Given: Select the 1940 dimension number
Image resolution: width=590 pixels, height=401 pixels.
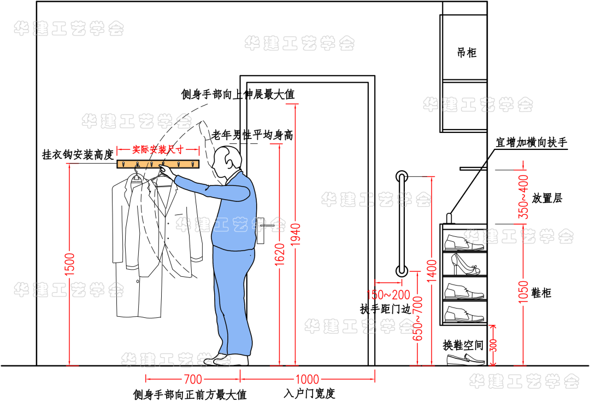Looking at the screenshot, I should [x=295, y=235].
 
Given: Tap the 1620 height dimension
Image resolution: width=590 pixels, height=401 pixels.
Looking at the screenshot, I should [x=279, y=255].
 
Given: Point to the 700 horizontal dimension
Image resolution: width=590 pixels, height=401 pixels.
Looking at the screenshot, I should [x=193, y=379].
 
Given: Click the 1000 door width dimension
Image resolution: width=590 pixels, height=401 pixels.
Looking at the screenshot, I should [x=307, y=379].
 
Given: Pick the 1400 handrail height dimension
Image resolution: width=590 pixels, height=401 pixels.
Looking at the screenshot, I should [x=432, y=269].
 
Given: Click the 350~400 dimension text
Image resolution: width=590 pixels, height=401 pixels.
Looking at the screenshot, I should [x=523, y=197].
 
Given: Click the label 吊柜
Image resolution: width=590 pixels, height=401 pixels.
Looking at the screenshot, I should [x=467, y=53].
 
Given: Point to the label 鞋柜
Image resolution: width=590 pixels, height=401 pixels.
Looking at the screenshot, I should [x=541, y=293].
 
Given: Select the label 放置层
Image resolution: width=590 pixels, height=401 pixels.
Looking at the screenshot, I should [x=547, y=198].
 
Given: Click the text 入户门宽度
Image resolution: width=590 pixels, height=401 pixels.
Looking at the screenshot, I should [x=309, y=393].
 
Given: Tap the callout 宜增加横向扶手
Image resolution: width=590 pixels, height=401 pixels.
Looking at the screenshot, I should [x=531, y=143].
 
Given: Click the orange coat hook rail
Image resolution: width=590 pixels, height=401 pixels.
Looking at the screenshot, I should [x=158, y=164].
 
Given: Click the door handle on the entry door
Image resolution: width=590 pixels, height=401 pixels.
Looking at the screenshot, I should [x=263, y=225].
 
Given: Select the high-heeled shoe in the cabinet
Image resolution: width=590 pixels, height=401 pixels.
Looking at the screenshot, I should [x=464, y=265].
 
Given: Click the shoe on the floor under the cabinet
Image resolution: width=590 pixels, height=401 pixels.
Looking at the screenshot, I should [x=465, y=359].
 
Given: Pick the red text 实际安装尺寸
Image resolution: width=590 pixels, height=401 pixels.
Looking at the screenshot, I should [x=158, y=149].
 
